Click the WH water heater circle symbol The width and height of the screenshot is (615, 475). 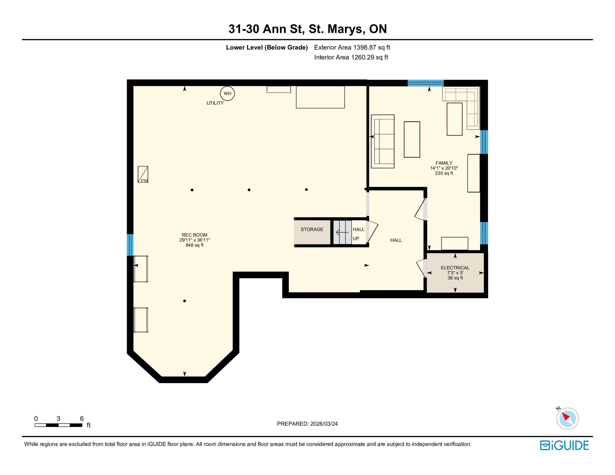click(x=227, y=93)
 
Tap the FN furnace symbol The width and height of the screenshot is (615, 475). click(x=143, y=174)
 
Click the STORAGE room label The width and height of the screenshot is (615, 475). click(x=312, y=230)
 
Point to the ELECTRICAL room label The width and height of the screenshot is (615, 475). click(x=455, y=268)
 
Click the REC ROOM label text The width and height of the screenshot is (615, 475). click(x=195, y=235)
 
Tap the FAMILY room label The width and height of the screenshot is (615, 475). click(x=444, y=163)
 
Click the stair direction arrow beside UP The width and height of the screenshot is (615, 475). click(x=342, y=232)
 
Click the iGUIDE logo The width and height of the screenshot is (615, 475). click(x=564, y=445)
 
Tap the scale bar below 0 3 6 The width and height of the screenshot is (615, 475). click(x=59, y=425)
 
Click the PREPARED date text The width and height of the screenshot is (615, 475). click(x=307, y=424)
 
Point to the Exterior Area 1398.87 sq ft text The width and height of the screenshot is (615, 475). click(x=352, y=48)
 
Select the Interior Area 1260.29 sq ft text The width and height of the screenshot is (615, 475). click(x=351, y=57)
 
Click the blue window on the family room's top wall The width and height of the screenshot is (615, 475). click(x=425, y=83)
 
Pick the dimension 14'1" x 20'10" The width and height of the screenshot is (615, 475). click(x=444, y=168)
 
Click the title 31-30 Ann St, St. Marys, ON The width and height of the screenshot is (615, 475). click(x=307, y=29)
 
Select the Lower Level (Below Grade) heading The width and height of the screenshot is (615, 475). click(x=267, y=48)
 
